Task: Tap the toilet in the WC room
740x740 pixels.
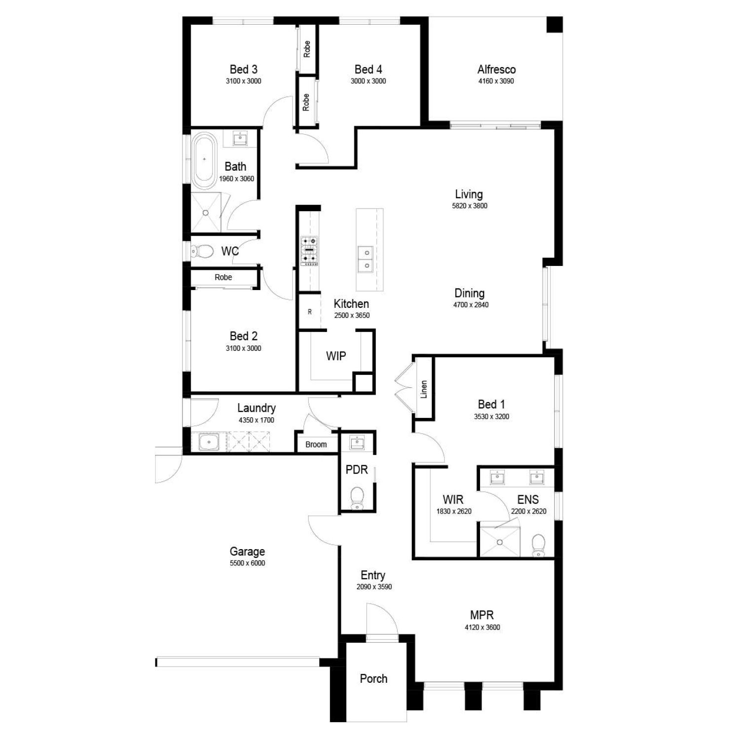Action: tap(202, 252)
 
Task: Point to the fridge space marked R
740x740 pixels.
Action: tap(310, 312)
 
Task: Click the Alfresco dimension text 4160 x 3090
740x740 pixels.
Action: tap(496, 81)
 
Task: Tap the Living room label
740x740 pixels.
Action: tap(469, 194)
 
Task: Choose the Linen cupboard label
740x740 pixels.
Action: tap(424, 389)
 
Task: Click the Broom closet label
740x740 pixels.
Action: tap(316, 444)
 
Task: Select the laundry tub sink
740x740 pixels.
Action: tap(209, 442)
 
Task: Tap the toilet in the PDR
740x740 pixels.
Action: tap(357, 497)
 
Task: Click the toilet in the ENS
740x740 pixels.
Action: tap(538, 546)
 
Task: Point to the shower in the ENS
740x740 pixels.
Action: tap(500, 542)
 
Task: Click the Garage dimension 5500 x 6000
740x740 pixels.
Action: tap(247, 563)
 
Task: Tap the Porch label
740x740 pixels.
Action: tap(373, 679)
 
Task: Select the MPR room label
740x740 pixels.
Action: tap(481, 615)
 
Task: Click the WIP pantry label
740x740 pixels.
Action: tap(336, 356)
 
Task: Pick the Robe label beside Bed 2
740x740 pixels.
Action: tap(223, 277)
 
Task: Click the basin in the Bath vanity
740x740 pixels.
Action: tap(240, 138)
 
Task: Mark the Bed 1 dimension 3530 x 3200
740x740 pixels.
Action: tap(491, 417)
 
